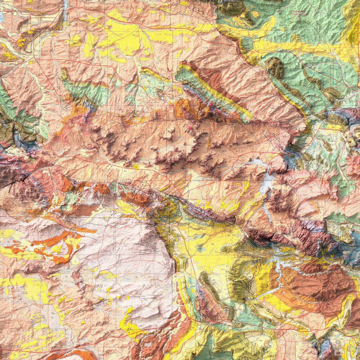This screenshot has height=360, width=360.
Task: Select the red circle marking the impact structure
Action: pos(299,19)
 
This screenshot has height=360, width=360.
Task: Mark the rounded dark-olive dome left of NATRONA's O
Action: pos(275,68)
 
